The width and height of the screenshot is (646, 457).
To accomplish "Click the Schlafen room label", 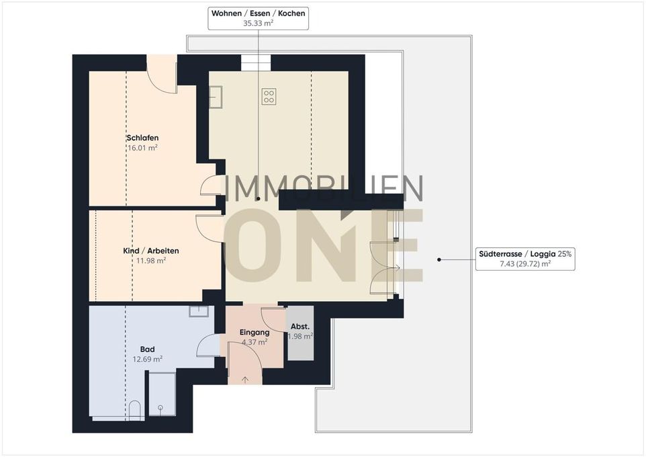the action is pos(142,138).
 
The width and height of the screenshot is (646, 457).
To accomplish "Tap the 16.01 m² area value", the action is pos(142,148).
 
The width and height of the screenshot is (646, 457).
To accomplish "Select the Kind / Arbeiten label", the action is pos(151,251).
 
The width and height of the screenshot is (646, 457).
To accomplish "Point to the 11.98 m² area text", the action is pos(151,261).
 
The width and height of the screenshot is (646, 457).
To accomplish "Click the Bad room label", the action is pos(148,349).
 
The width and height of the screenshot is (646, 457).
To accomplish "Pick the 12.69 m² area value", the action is pos(148,360).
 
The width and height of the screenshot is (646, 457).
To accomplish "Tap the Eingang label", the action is pos(255,332).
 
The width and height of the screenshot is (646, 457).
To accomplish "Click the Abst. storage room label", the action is pos(300,327).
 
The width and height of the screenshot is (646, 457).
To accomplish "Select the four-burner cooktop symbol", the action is pos(269,97).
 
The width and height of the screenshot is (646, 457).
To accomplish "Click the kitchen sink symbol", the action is pos(216,97).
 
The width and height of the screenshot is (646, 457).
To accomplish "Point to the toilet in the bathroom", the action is pos(135,410).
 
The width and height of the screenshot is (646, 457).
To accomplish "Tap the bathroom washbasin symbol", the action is pos(199,311).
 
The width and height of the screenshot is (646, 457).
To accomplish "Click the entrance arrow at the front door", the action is pos(245,380).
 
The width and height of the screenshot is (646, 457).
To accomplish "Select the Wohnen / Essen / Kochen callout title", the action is pos(259,13).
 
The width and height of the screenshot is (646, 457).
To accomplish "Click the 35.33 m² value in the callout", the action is pos(259,23).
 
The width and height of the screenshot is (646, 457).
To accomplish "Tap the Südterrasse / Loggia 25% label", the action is pos(525,254).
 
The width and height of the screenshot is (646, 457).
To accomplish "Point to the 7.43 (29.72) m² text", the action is pos(525,264).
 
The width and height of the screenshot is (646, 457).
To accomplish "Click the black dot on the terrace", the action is pos(439,259).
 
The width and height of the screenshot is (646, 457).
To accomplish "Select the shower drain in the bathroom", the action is pos(160,408).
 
